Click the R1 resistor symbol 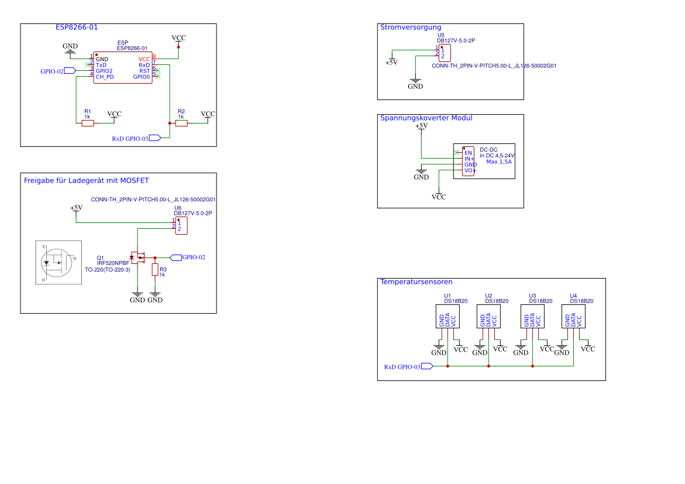click(87, 123)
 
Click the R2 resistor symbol click(181, 123)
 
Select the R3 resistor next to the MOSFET click(154, 270)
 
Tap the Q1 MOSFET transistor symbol click(138, 258)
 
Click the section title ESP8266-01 click(77, 28)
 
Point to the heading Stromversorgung click(410, 28)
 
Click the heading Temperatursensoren click(416, 282)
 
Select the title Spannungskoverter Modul click(426, 118)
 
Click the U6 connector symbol click(181, 226)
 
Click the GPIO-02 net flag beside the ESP click(70, 71)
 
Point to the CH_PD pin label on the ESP click(105, 77)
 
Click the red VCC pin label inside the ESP click(144, 59)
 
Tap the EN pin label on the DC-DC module click(468, 153)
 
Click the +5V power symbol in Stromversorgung click(391, 61)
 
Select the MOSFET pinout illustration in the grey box click(58, 263)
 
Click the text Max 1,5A click(499, 162)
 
